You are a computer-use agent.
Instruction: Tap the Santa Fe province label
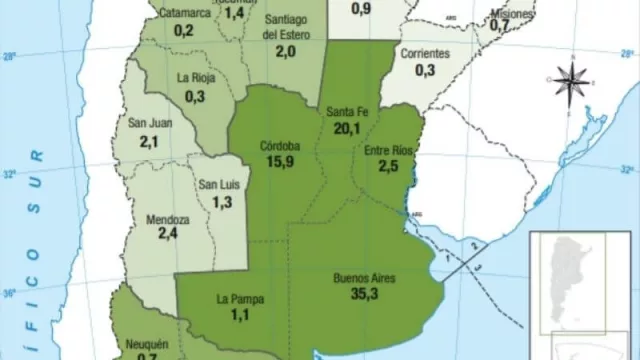click(346, 112)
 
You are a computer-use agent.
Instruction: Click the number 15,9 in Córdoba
click(277, 162)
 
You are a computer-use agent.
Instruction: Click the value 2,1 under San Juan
click(150, 142)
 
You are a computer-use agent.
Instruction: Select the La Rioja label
click(195, 78)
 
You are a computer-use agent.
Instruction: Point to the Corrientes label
click(424, 53)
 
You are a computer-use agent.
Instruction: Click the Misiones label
click(512, 14)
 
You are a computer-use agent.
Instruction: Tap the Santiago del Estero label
click(286, 27)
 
